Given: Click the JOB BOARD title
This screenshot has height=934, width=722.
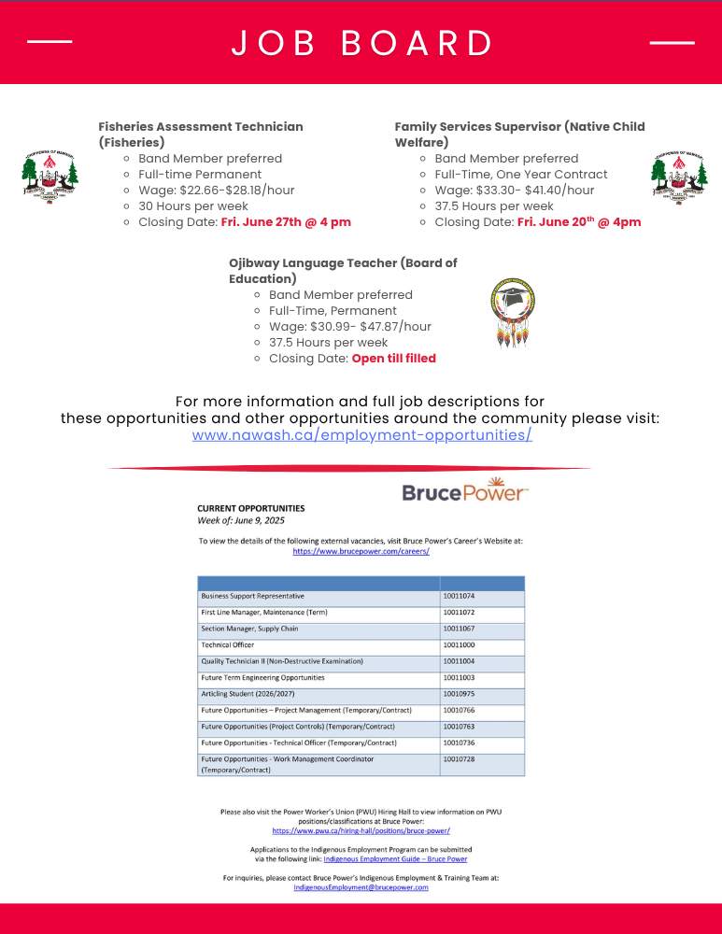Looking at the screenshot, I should pyautogui.click(x=361, y=43).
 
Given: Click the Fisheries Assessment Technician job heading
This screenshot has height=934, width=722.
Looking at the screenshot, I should pyautogui.click(x=200, y=134).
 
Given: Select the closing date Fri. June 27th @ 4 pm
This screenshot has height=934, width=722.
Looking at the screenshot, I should pyautogui.click(x=286, y=222).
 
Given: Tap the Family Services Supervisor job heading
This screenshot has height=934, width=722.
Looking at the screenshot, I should pyautogui.click(x=518, y=134).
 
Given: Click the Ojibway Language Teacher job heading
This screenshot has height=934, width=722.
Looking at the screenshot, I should pyautogui.click(x=342, y=271).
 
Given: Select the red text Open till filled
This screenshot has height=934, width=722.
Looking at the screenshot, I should pyautogui.click(x=393, y=359).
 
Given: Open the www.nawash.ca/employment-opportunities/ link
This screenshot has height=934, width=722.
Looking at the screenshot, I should pyautogui.click(x=361, y=435).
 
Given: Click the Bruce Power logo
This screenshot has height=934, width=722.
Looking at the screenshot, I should pyautogui.click(x=464, y=491).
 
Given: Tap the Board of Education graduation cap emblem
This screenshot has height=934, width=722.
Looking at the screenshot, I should pyautogui.click(x=513, y=313).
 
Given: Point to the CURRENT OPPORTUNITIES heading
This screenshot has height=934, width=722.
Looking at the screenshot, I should pyautogui.click(x=250, y=508).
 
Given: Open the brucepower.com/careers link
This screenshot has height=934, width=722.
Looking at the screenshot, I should pyautogui.click(x=361, y=552).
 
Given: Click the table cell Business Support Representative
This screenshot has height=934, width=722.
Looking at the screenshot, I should pyautogui.click(x=252, y=596).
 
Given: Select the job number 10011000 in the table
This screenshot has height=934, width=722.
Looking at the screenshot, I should pyautogui.click(x=459, y=645).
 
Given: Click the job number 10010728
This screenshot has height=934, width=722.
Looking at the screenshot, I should pyautogui.click(x=459, y=759).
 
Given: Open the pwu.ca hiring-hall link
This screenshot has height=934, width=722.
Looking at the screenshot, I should pyautogui.click(x=361, y=830).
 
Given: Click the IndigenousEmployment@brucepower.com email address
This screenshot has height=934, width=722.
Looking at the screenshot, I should pyautogui.click(x=361, y=887).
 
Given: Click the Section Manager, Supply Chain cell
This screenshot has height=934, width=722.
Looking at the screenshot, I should pyautogui.click(x=249, y=629).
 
